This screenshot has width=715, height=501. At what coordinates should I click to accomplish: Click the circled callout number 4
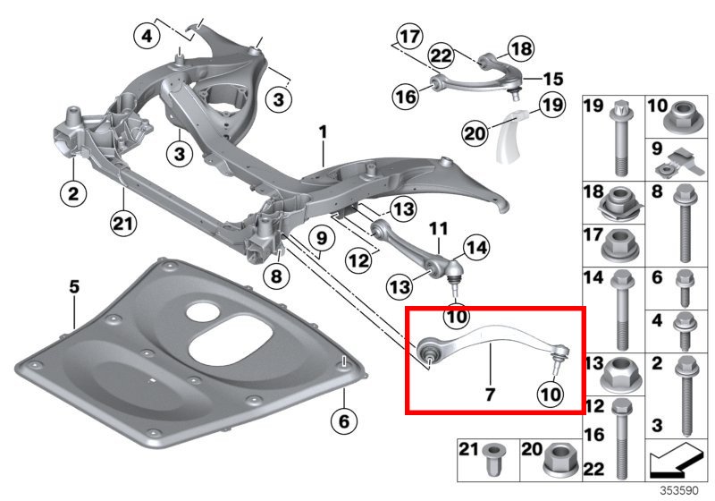[147, 37]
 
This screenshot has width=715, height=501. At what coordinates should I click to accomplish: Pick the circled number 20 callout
[475, 134]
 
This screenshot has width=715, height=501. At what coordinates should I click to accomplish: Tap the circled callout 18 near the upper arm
[519, 47]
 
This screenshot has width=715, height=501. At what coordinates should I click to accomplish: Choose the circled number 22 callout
[441, 56]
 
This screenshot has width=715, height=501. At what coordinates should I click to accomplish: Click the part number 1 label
[323, 132]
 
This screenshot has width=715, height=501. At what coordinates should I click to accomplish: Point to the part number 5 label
[74, 287]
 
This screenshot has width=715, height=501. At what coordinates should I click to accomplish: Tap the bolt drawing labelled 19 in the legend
[619, 139]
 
